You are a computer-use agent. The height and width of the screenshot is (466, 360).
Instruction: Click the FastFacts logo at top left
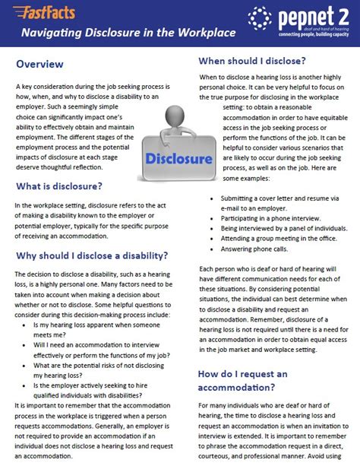pos(37,11)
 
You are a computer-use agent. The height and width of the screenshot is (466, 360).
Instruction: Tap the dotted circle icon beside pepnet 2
pos(258,17)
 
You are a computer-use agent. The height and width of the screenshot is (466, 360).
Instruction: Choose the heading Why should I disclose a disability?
pos(92,255)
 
